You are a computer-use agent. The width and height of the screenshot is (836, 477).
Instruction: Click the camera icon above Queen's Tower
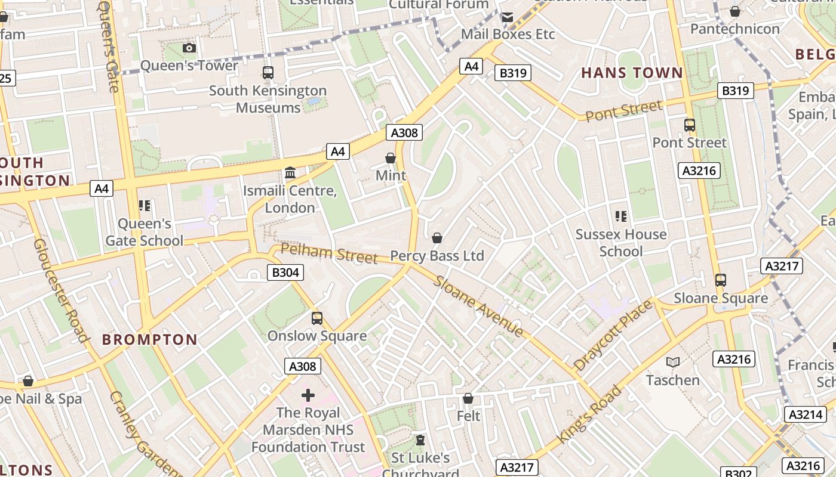click(x=189, y=48)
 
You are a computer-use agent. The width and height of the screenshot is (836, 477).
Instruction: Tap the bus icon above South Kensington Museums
click(x=268, y=73)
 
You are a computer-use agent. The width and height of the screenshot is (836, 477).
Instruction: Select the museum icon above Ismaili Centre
click(x=290, y=173)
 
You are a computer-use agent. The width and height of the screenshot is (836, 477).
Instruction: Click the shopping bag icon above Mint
click(x=391, y=158)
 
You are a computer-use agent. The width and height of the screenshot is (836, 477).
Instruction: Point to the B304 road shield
click(x=285, y=272)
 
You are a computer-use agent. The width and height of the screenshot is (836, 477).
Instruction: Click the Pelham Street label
click(x=329, y=253)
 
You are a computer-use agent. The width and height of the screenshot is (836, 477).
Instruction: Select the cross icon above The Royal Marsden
click(x=308, y=395)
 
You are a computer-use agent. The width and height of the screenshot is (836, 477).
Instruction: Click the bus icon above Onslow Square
click(x=317, y=318)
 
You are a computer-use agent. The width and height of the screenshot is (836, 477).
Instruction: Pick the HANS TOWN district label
click(x=632, y=73)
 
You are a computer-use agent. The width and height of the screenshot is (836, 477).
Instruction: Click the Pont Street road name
click(x=623, y=111)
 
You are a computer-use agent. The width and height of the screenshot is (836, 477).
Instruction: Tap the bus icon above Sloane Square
click(x=721, y=280)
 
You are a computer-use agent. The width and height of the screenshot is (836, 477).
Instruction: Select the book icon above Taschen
click(x=673, y=362)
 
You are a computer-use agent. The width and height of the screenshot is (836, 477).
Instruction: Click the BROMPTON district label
click(x=149, y=340)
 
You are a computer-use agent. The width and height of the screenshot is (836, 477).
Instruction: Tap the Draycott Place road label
click(x=613, y=335)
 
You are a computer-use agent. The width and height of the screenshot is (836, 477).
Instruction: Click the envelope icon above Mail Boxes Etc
click(x=508, y=17)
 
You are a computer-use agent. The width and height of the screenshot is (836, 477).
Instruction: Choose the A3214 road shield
click(x=806, y=414)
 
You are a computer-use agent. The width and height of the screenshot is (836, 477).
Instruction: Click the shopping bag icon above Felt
click(x=468, y=398)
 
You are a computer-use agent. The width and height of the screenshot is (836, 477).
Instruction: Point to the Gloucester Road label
click(x=62, y=290)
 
